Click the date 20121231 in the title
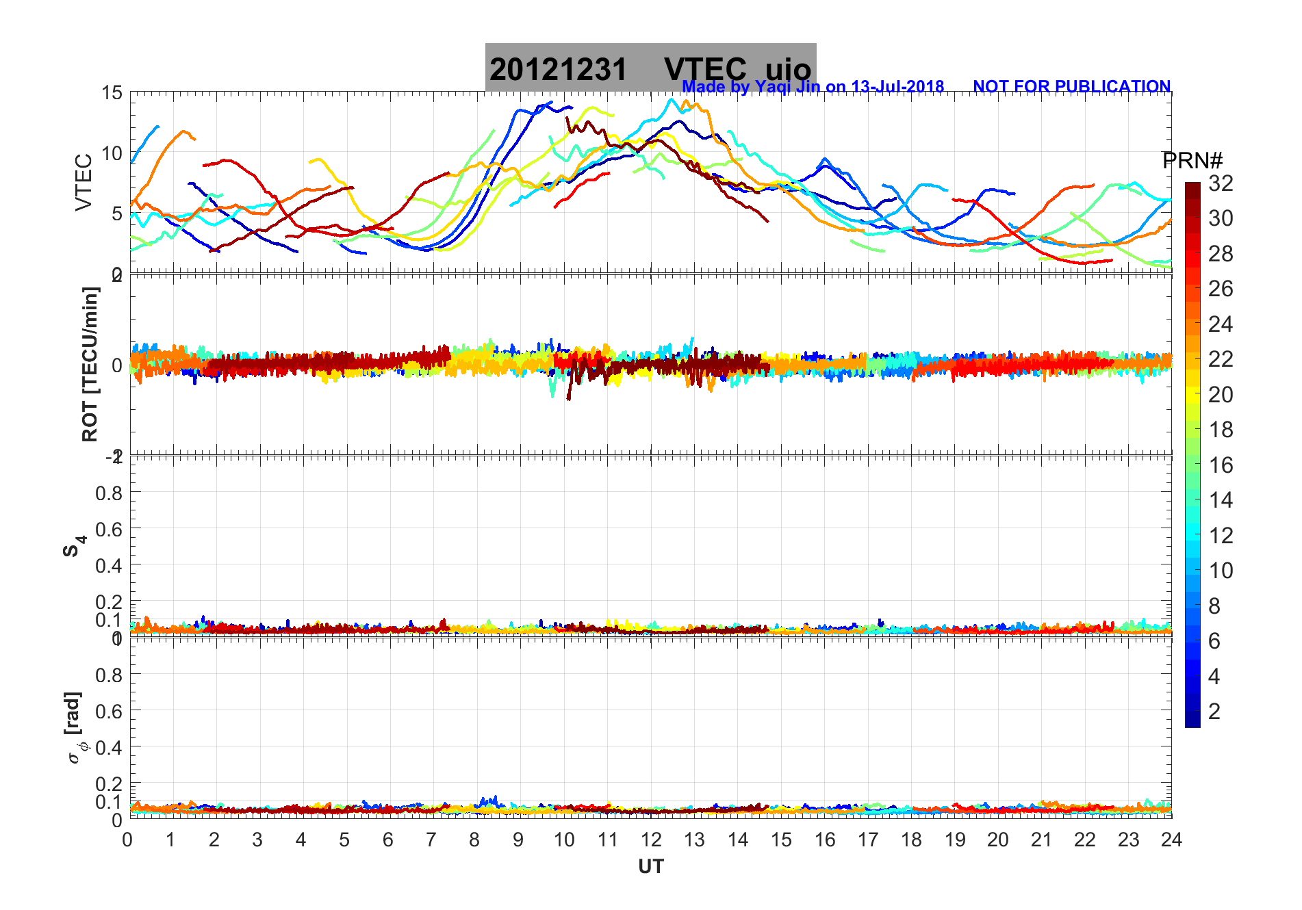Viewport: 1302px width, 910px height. point(558,70)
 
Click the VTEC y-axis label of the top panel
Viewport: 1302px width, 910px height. point(84,182)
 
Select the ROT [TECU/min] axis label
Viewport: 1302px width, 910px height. point(90,364)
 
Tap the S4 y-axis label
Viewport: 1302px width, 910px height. point(75,545)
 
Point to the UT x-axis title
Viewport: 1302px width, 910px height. point(650,867)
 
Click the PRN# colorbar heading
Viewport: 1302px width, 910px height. point(1192,161)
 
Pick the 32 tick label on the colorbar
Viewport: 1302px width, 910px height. point(1221,183)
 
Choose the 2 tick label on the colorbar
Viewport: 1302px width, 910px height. point(1214,711)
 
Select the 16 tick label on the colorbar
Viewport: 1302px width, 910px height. point(1221,465)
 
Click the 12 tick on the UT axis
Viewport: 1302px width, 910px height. point(650,840)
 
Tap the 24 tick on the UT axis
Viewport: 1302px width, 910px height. point(1171,840)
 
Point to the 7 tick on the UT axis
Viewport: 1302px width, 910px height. point(431,840)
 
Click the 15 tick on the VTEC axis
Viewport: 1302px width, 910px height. point(112,93)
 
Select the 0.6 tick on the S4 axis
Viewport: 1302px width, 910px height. point(109,529)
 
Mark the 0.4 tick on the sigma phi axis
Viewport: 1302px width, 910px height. point(109,747)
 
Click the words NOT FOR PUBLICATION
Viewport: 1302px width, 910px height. point(1071,87)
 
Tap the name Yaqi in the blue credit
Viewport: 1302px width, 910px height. point(771,87)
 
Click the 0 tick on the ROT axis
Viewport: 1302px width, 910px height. point(117,365)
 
